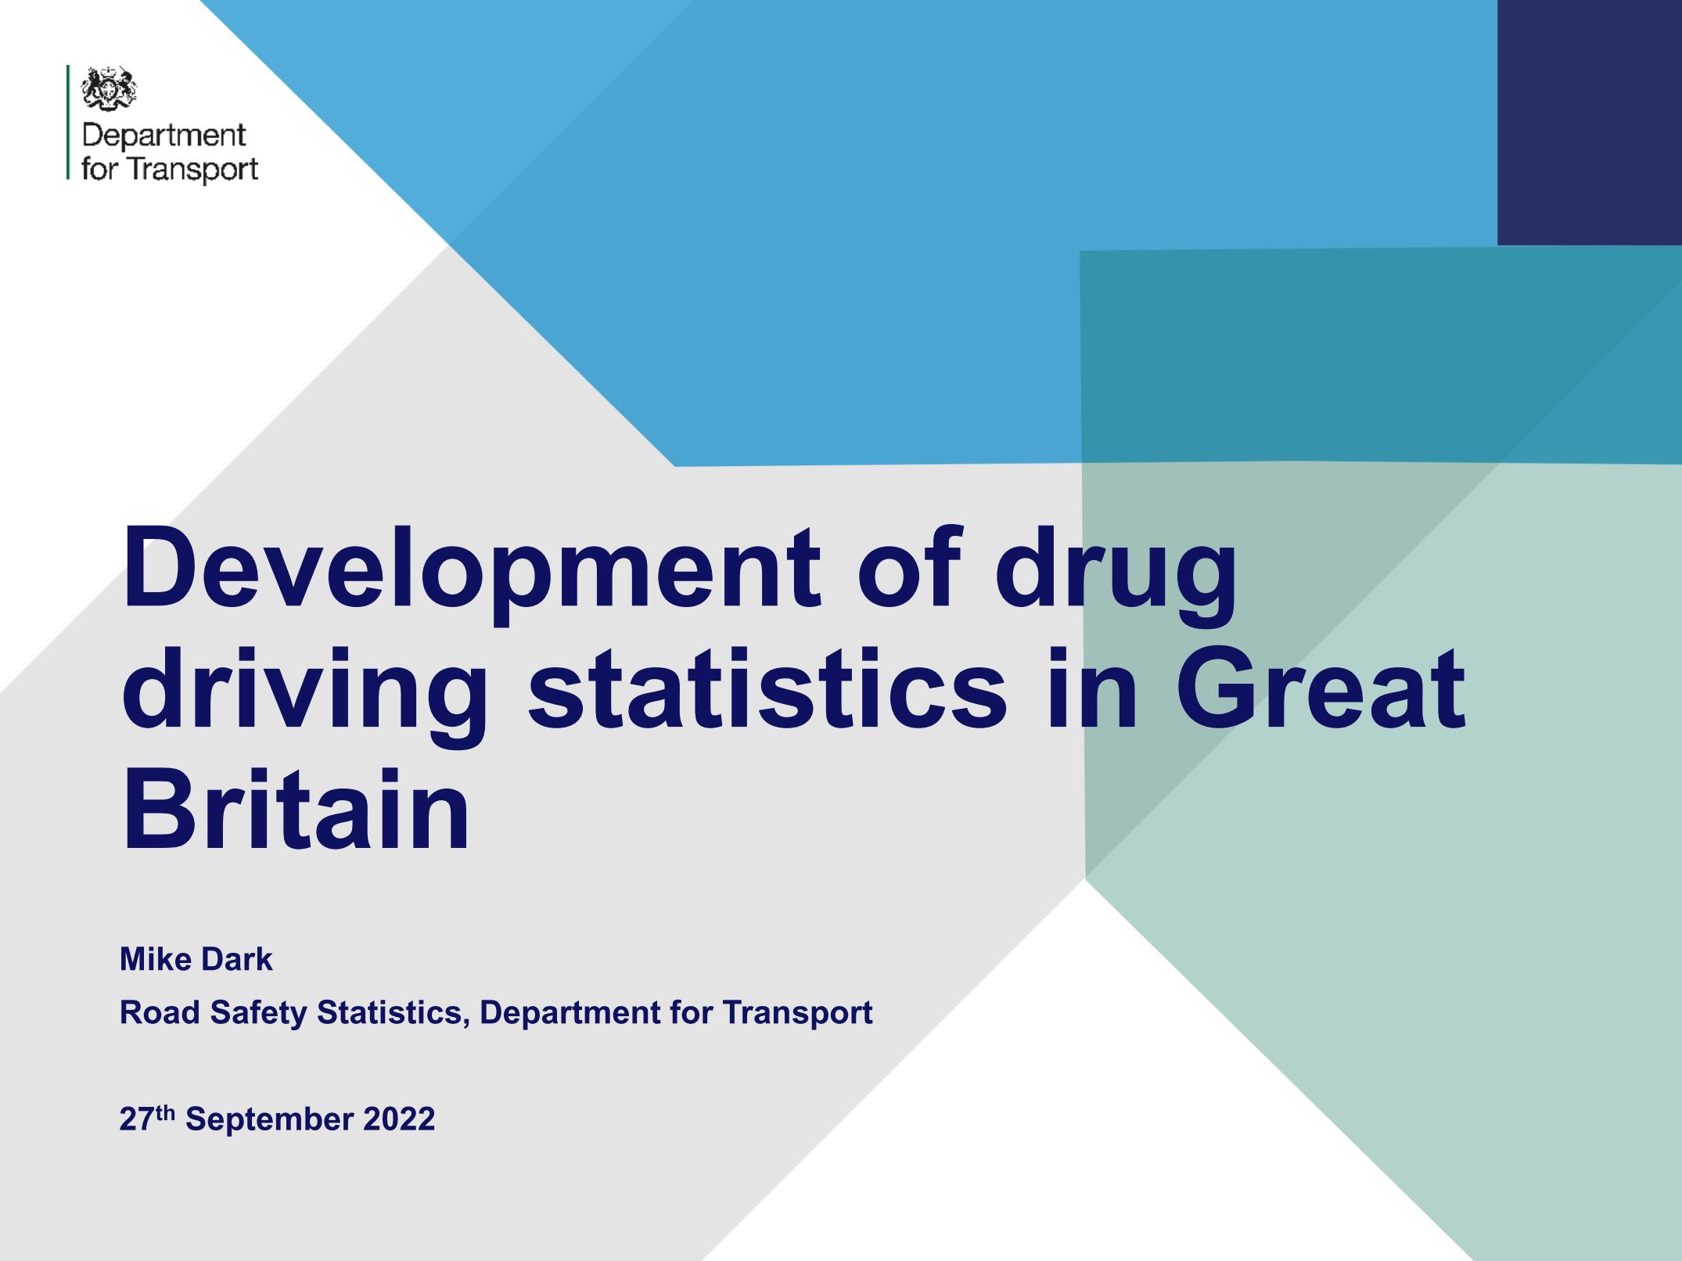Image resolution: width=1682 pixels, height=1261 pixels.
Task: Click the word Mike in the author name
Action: click(x=152, y=959)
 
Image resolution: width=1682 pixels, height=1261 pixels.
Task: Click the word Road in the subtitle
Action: click(x=159, y=1012)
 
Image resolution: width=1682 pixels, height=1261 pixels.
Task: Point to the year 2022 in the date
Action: click(x=399, y=1119)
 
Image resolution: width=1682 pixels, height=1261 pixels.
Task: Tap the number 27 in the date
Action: click(x=135, y=1119)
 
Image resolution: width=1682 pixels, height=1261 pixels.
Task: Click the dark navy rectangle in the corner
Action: click(x=1590, y=122)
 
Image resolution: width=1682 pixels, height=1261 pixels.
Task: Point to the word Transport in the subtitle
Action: click(x=797, y=1014)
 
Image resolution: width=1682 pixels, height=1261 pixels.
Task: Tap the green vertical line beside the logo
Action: click(x=68, y=123)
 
